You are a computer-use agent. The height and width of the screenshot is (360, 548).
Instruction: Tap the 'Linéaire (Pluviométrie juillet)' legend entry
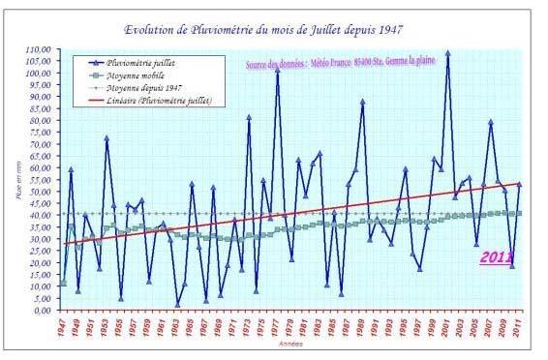(159, 101)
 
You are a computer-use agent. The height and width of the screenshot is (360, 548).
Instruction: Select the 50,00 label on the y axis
(37, 192)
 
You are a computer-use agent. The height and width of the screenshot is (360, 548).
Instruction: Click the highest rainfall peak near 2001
(447, 53)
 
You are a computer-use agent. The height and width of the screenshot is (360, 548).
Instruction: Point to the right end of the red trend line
(521, 183)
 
